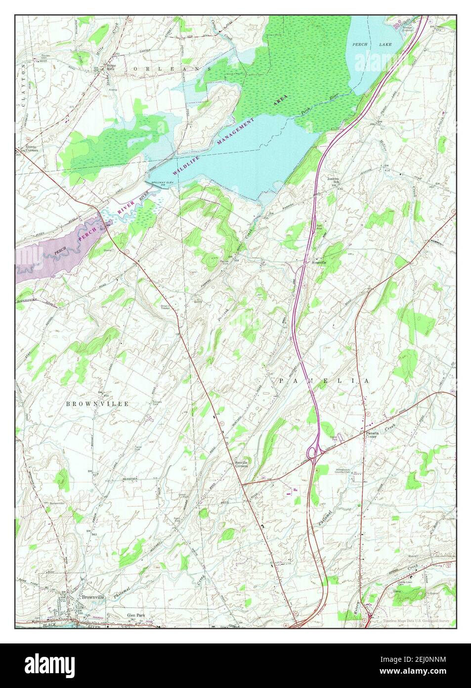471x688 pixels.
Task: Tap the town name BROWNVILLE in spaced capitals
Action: tap(97, 404)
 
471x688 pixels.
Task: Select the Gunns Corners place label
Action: tap(29, 149)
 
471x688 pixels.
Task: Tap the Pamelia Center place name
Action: tap(372, 434)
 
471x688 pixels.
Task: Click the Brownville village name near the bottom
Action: tap(93, 597)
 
